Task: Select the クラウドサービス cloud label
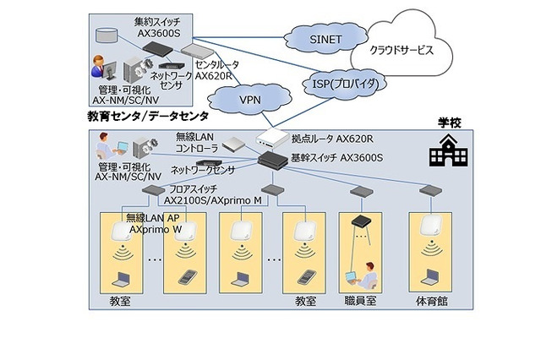401,50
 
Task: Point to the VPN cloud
249,99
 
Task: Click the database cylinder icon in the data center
107,36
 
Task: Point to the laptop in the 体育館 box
430,275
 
